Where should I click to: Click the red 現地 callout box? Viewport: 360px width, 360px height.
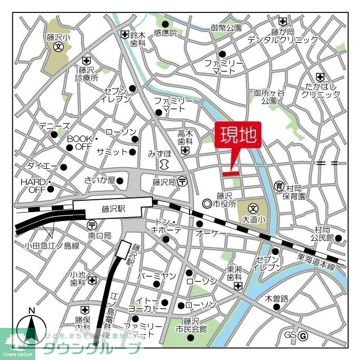click(x=238, y=136)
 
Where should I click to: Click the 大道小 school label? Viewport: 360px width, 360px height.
click(x=253, y=218)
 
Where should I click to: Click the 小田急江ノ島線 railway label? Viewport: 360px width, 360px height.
click(x=52, y=245)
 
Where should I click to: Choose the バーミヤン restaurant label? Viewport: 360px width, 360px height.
click(x=157, y=276)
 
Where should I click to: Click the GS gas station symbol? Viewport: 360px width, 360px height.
click(x=303, y=335)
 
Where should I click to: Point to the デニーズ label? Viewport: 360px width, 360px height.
click(x=54, y=127)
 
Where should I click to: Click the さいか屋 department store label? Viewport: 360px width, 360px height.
click(x=100, y=180)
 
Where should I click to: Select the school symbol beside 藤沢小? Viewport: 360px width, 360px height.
click(x=58, y=47)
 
